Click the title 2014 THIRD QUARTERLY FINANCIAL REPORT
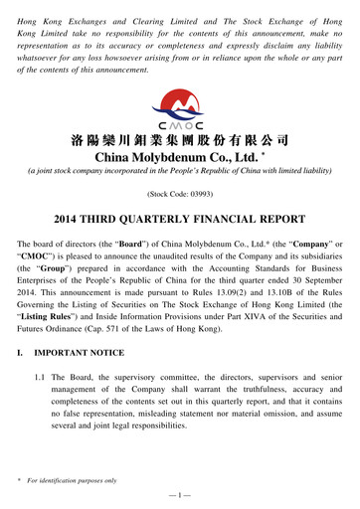[x=179, y=219]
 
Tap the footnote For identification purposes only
[x=75, y=480]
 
